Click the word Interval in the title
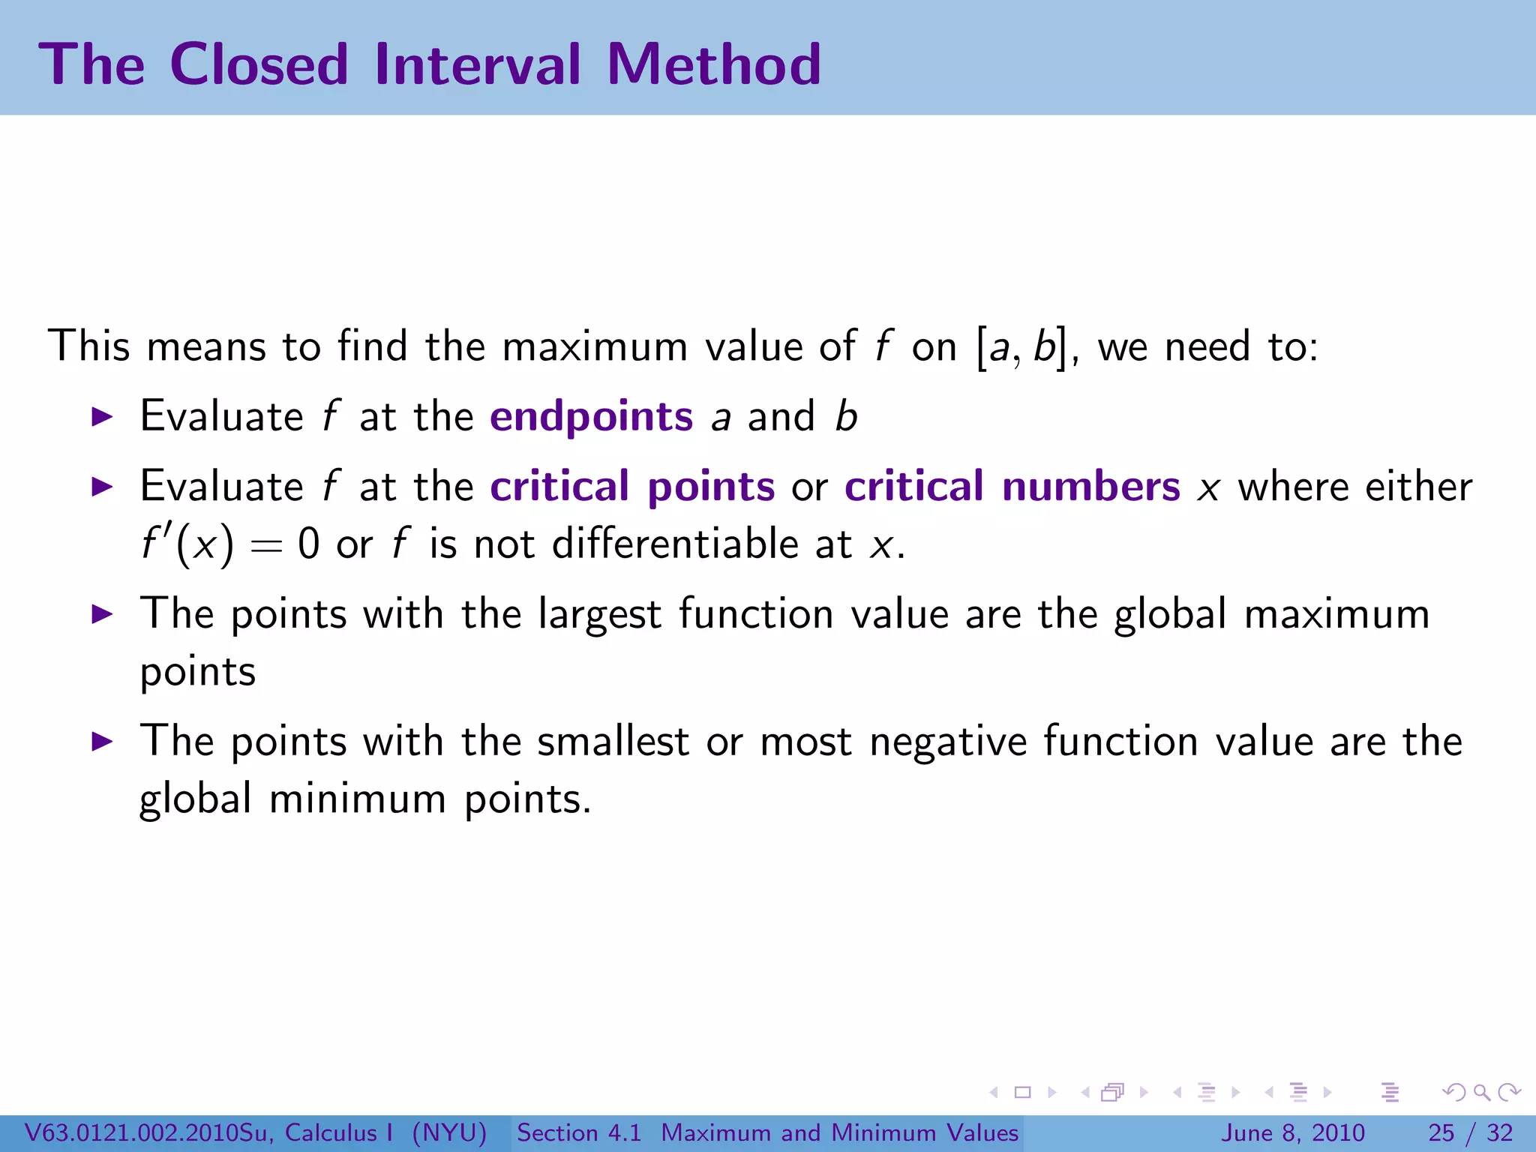[477, 64]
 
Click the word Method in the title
[713, 64]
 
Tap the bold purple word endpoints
[591, 417]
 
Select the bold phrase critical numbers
[1012, 487]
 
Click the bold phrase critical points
[631, 487]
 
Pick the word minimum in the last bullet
[358, 799]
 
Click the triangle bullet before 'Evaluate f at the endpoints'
[101, 417]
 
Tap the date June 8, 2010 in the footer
[1293, 1132]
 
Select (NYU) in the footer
[449, 1132]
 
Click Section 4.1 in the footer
[579, 1132]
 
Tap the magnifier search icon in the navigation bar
[1481, 1093]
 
